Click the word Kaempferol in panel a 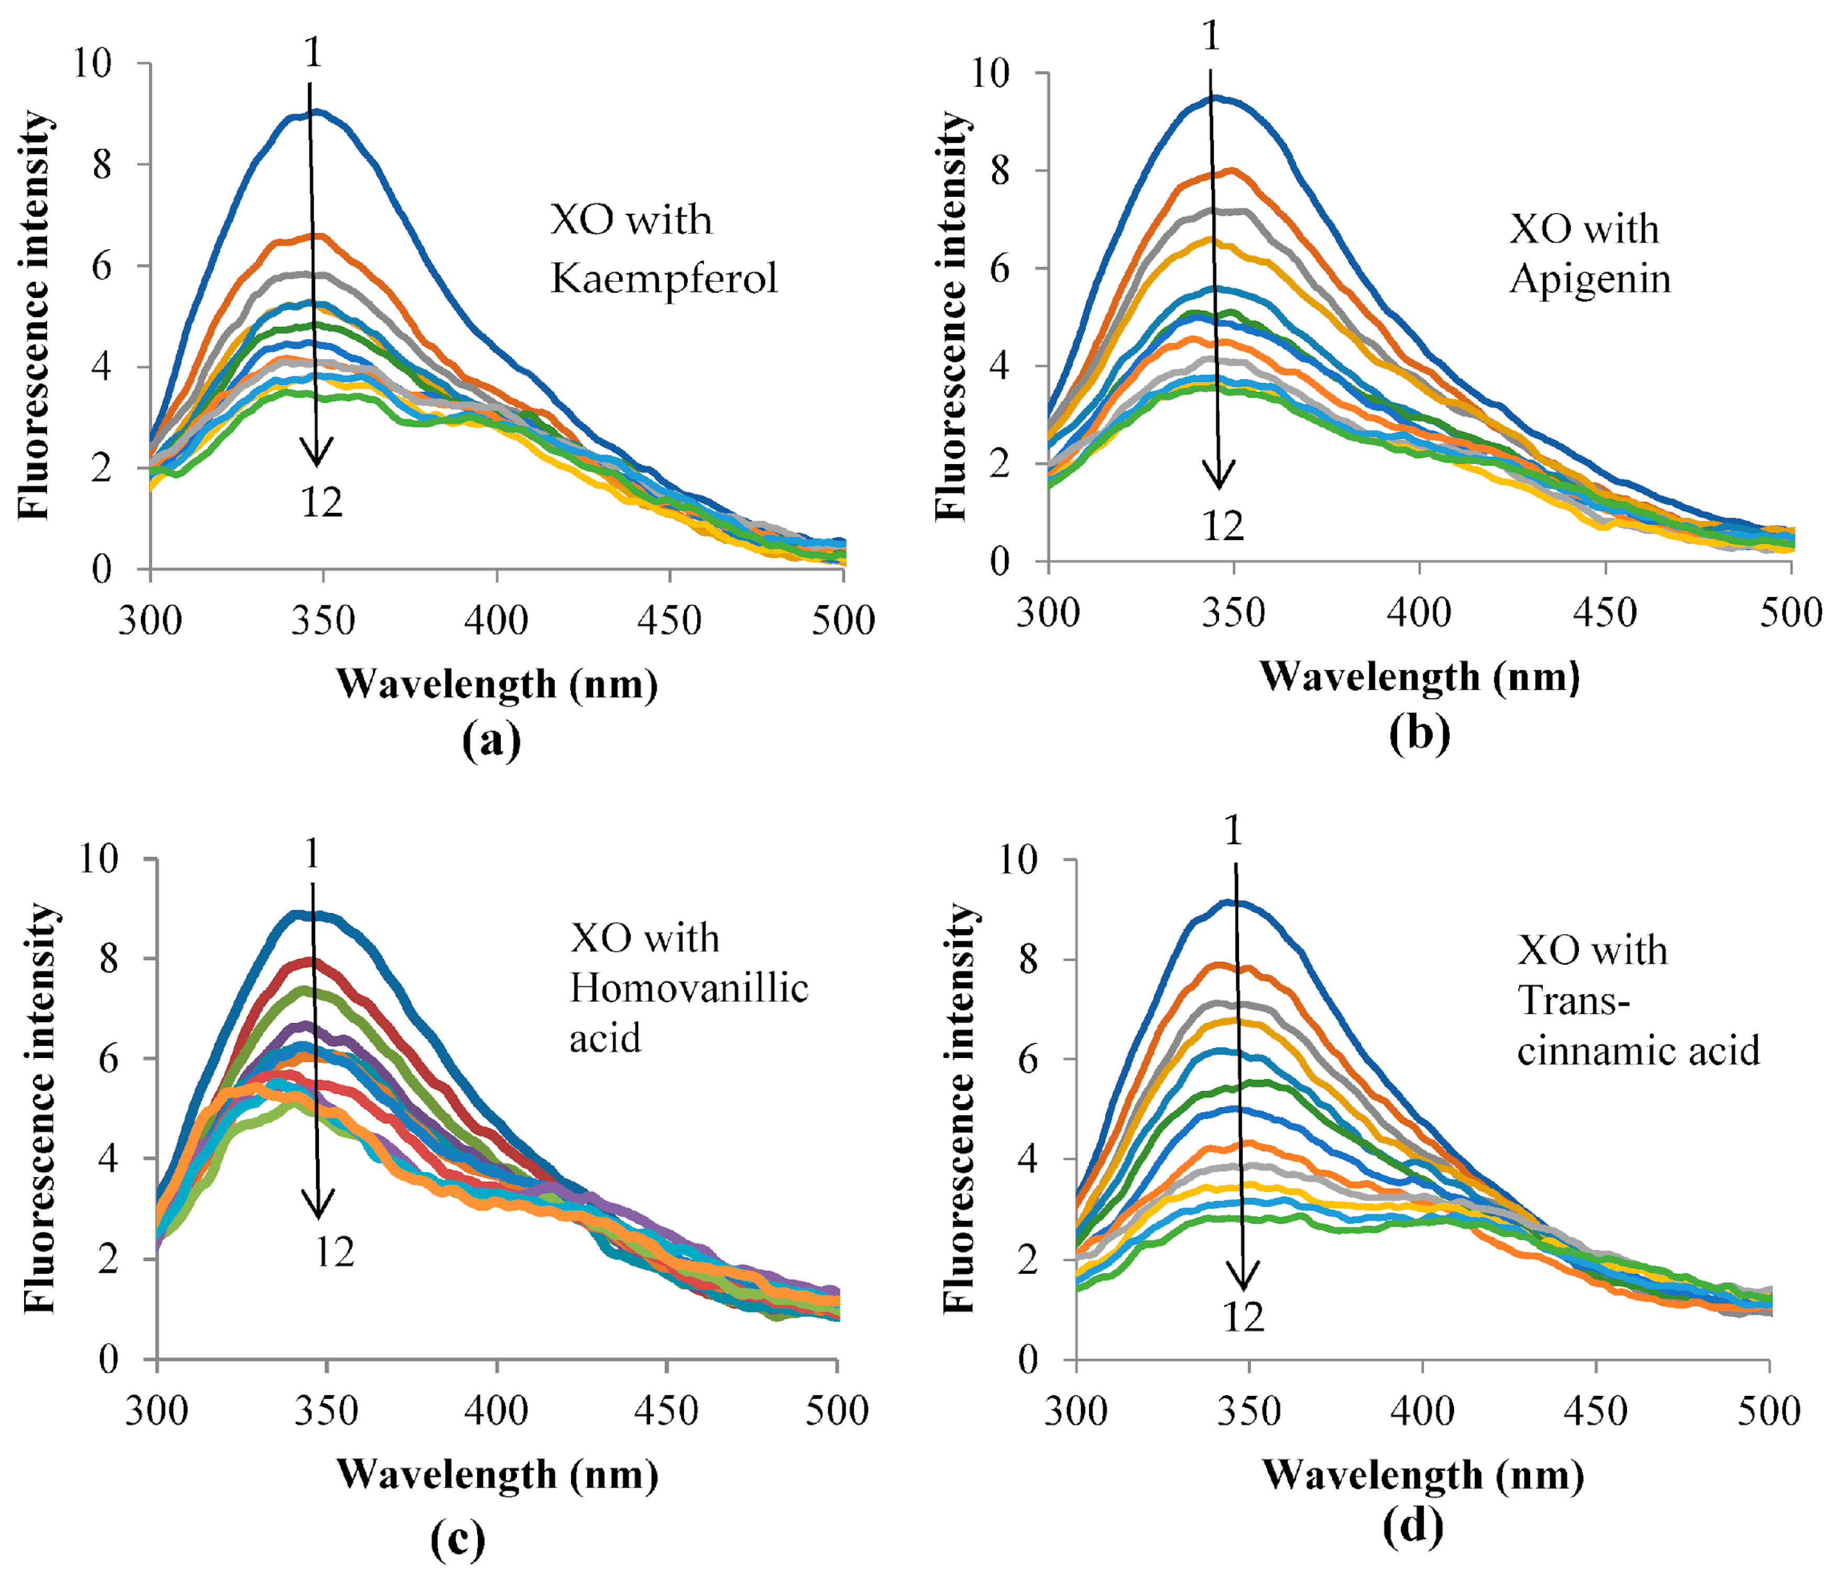(x=663, y=279)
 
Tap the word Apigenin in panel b (x=1590, y=279)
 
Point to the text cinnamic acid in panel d (x=1639, y=1051)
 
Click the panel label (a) (x=491, y=740)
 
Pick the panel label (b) (x=1419, y=733)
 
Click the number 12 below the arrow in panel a (x=322, y=503)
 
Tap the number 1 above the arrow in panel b (x=1210, y=36)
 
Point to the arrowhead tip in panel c (x=318, y=1217)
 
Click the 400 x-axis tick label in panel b (x=1419, y=613)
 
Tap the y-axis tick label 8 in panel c (x=108, y=959)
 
